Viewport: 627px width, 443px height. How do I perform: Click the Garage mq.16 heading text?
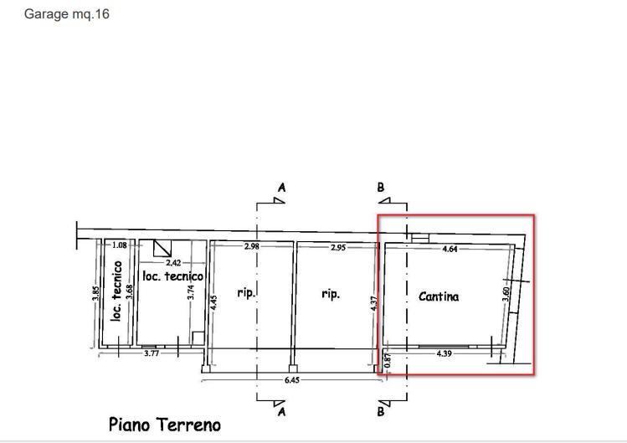[x=67, y=14]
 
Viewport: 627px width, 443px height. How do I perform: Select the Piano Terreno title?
[x=165, y=425]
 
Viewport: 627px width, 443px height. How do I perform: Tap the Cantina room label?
[x=439, y=296]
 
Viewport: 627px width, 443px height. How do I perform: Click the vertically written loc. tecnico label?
[x=117, y=291]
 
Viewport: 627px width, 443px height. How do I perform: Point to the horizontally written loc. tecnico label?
[x=173, y=276]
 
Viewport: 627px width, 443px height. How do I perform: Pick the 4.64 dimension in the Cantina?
[x=449, y=249]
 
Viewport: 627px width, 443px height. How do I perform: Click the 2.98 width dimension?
[x=252, y=247]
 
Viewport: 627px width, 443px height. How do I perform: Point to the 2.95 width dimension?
[x=337, y=248]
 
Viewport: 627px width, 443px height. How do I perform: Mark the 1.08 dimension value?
[x=119, y=245]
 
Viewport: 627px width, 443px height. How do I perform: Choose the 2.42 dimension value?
[x=173, y=263]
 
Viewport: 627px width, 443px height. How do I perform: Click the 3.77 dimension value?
[x=152, y=354]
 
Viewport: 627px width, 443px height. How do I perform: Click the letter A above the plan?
[x=281, y=188]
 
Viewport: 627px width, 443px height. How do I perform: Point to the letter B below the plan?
[x=381, y=412]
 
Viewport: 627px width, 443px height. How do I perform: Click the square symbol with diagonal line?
[x=162, y=248]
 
